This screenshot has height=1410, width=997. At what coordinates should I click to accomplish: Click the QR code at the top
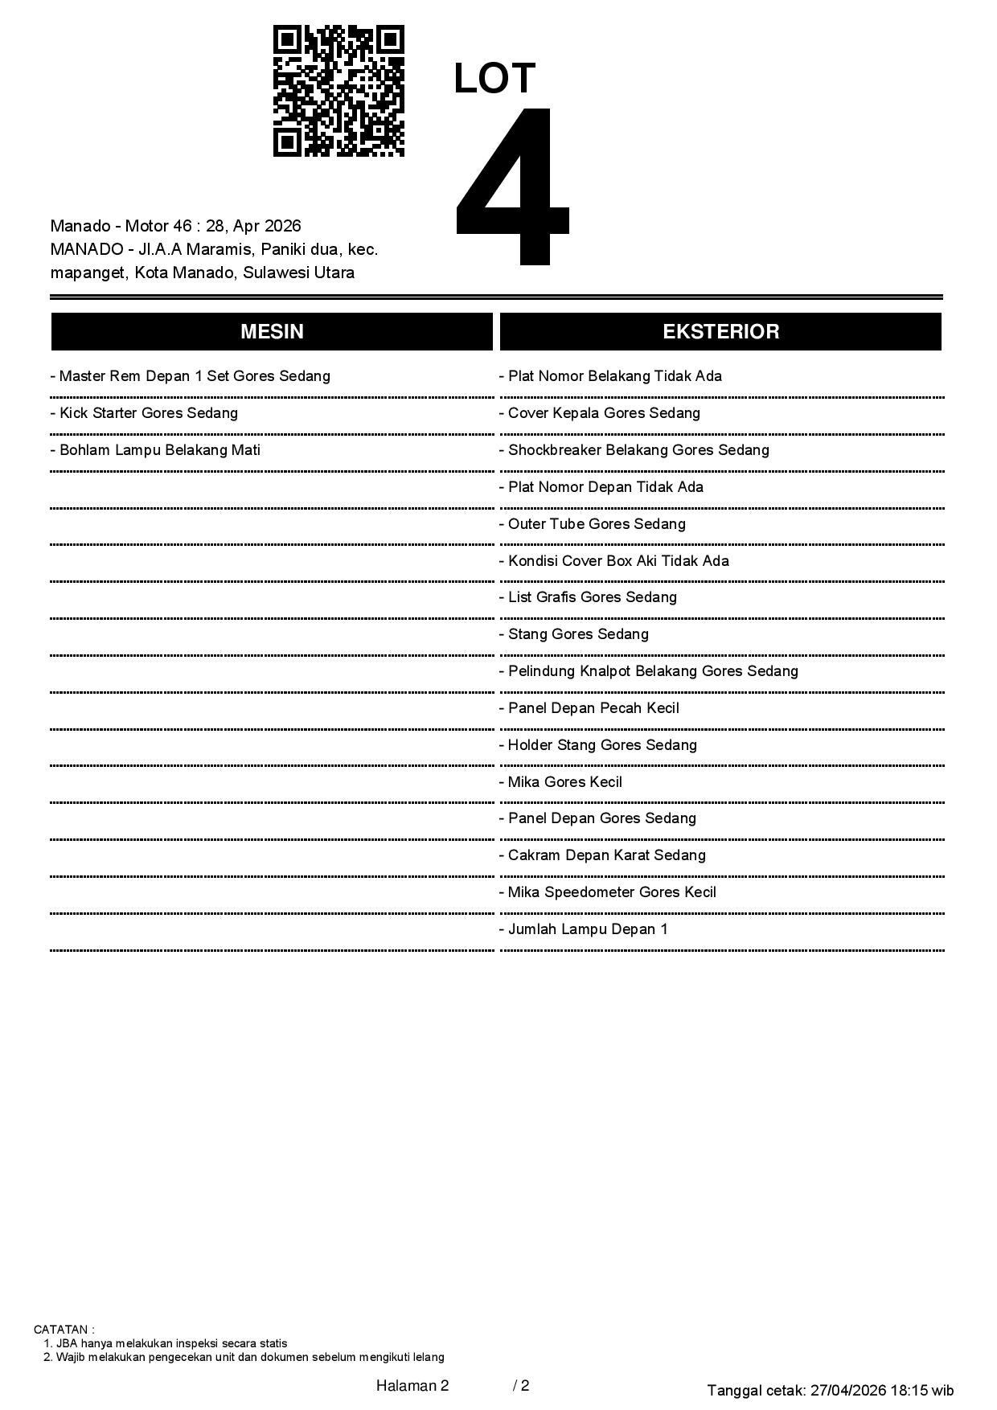(x=338, y=91)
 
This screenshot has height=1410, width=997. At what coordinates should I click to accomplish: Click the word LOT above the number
(x=494, y=79)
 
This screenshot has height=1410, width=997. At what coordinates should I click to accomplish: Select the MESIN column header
(x=272, y=332)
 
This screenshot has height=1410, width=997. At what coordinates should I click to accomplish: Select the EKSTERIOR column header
(x=720, y=332)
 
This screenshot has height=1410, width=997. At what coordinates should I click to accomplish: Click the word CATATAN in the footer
(x=63, y=1330)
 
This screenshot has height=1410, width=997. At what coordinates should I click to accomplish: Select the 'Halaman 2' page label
(x=412, y=1385)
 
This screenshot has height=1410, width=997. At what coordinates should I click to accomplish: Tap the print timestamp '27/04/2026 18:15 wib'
(x=882, y=1390)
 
